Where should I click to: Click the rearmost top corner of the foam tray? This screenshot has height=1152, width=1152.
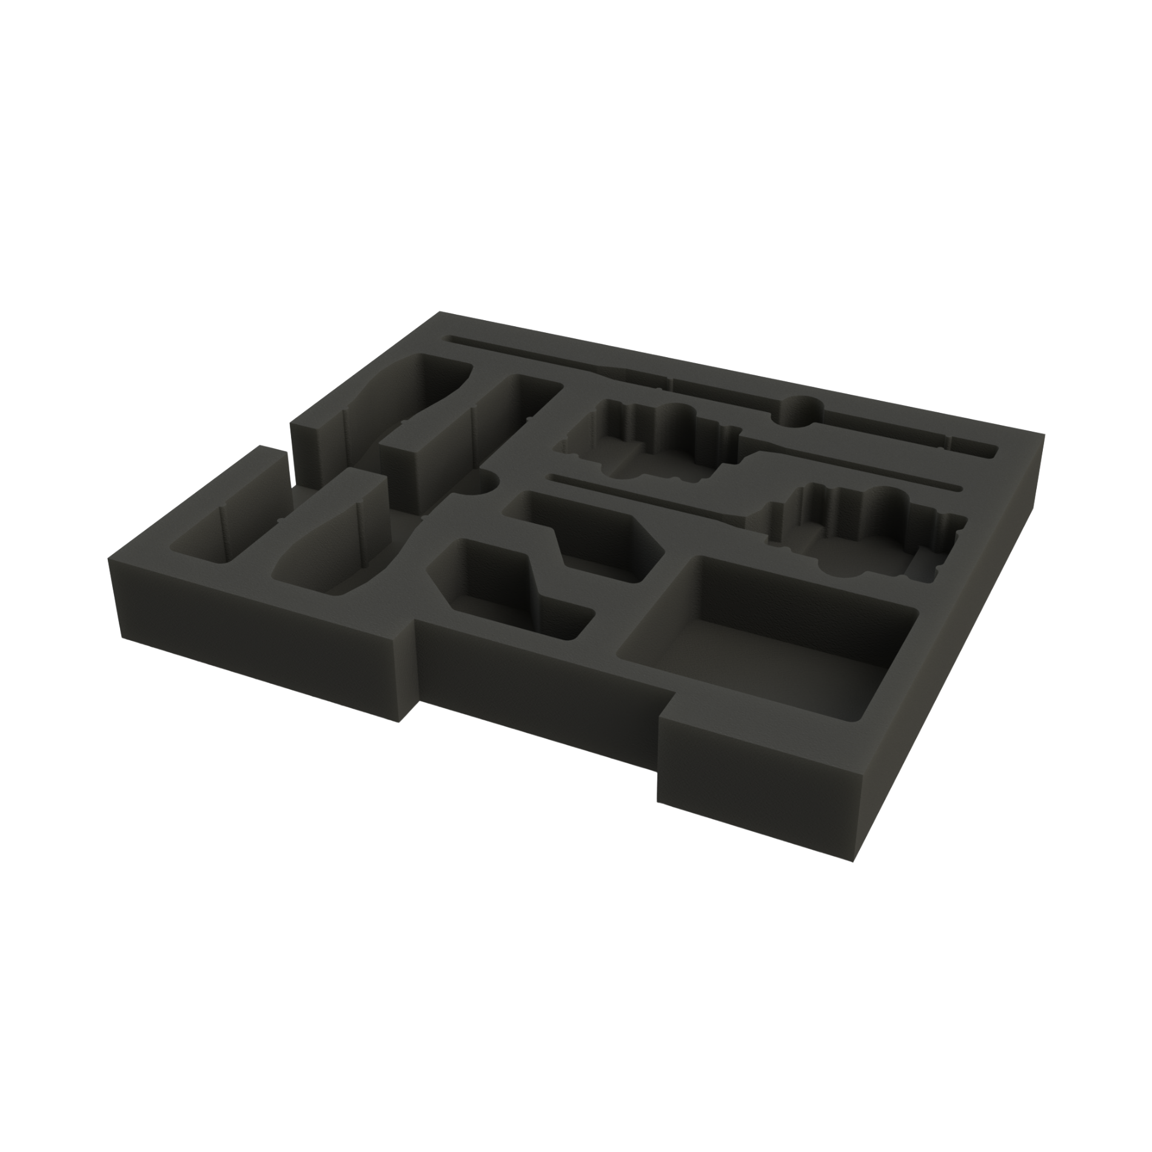click(x=441, y=312)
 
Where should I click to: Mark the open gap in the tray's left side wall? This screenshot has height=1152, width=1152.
click(x=290, y=479)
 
